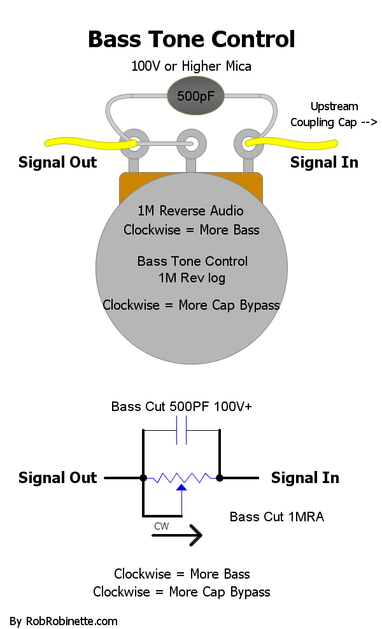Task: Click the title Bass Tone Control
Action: point(191,39)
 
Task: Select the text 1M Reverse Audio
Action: point(191,211)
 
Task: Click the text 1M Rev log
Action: point(192,278)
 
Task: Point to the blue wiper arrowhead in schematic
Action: point(181,488)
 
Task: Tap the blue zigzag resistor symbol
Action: point(181,477)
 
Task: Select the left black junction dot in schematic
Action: point(143,477)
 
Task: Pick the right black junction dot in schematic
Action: point(220,477)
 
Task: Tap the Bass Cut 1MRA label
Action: point(276,517)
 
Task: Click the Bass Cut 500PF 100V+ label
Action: point(181,407)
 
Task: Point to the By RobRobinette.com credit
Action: point(64,621)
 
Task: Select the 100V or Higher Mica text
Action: point(191,66)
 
